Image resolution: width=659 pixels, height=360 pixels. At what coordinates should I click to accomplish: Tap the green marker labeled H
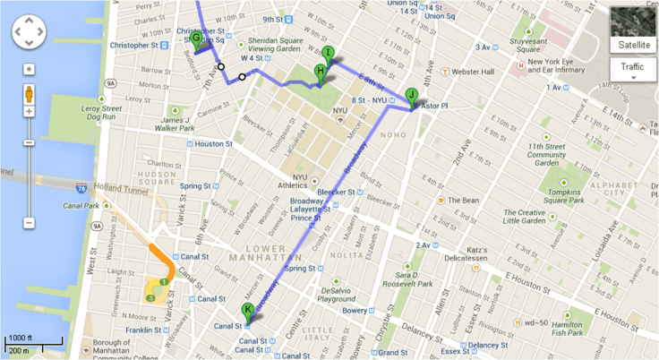(320, 73)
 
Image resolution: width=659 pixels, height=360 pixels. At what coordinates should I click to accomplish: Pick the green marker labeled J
(411, 96)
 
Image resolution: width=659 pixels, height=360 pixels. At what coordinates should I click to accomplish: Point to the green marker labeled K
(248, 311)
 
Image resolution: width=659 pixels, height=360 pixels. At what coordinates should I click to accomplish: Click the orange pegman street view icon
(29, 92)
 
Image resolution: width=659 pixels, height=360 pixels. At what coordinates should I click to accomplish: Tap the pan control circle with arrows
(29, 34)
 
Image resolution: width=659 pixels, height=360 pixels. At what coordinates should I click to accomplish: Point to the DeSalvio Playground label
(342, 296)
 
